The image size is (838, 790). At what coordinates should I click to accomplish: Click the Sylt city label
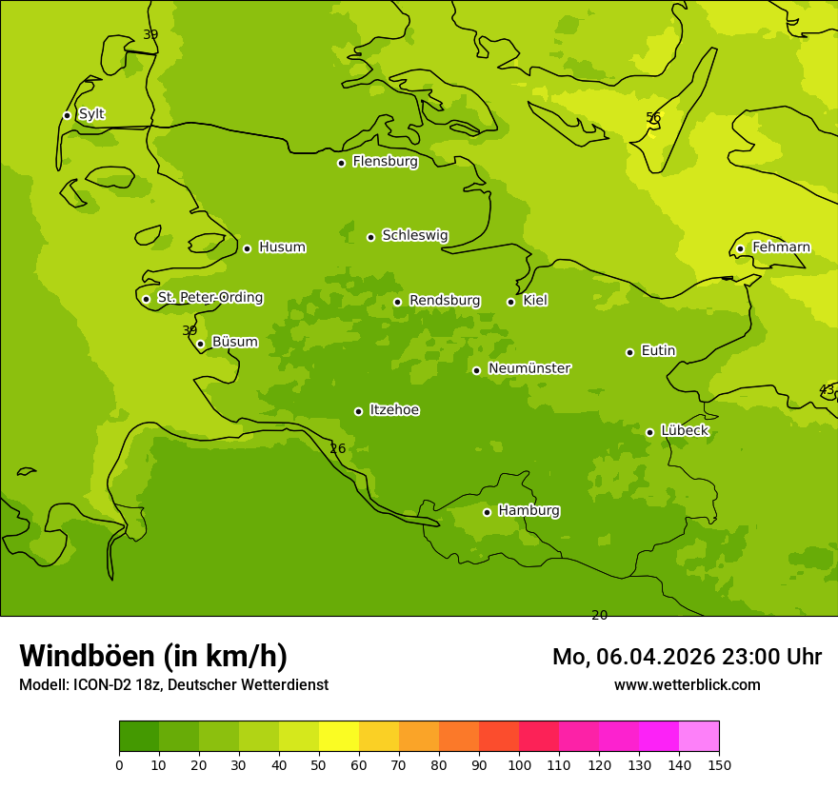click(x=91, y=114)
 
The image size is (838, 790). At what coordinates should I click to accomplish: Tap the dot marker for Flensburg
click(x=341, y=163)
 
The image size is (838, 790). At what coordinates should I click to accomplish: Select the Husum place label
click(x=282, y=247)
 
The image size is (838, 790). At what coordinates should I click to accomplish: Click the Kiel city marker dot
click(x=510, y=302)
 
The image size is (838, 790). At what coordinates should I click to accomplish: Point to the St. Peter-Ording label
click(x=210, y=298)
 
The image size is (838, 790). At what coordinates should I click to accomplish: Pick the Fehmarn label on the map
click(x=781, y=247)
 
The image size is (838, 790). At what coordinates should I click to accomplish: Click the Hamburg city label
click(x=529, y=511)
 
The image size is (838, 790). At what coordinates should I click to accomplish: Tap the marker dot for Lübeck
click(x=649, y=432)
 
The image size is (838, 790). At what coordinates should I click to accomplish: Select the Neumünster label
click(x=529, y=368)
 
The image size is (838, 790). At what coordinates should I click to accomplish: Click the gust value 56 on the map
click(x=653, y=118)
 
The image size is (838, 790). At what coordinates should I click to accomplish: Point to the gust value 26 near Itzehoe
click(x=338, y=448)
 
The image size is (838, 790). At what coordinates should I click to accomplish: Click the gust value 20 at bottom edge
click(x=600, y=615)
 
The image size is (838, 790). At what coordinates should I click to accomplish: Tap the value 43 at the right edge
click(x=827, y=390)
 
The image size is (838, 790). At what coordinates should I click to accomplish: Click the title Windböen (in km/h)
click(x=153, y=656)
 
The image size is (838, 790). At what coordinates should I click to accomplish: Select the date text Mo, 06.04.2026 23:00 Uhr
click(x=687, y=657)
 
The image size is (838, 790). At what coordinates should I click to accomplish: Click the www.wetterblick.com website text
click(x=687, y=685)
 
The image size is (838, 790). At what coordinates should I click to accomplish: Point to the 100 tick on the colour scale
click(x=519, y=764)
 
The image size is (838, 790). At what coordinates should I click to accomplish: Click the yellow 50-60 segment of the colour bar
click(x=339, y=737)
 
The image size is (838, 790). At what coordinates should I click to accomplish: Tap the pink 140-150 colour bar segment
click(x=699, y=737)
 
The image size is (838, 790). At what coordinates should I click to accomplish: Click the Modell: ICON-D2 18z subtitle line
click(x=173, y=685)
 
